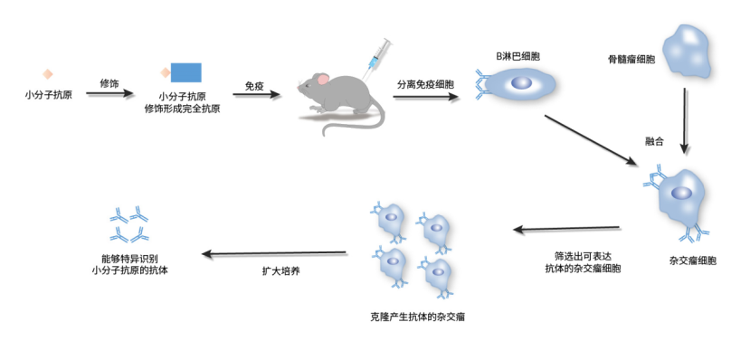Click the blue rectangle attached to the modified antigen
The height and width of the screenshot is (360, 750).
click(185, 72)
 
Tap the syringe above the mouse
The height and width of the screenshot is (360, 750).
click(375, 55)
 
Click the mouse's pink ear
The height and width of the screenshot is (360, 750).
click(323, 81)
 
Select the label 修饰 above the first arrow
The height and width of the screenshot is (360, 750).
click(109, 82)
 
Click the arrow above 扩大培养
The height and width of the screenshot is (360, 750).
click(275, 253)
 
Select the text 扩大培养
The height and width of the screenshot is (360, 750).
click(275, 270)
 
